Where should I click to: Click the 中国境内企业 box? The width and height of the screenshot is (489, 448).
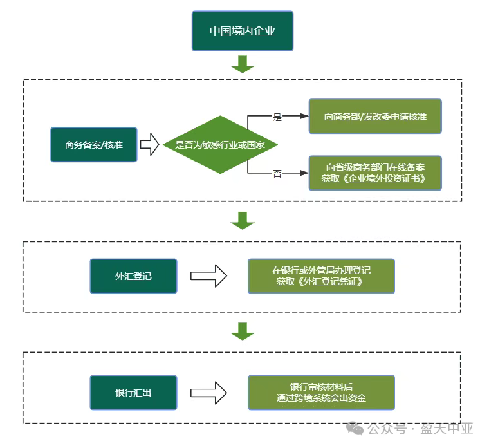pyautogui.click(x=243, y=31)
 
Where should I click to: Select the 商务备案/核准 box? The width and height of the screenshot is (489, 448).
pyautogui.click(x=94, y=144)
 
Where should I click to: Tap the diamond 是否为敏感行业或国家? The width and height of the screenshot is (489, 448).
pyautogui.click(x=220, y=145)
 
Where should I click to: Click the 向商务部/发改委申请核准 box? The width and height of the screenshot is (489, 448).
pyautogui.click(x=375, y=117)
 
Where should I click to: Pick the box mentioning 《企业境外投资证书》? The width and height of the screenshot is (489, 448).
pyautogui.click(x=375, y=173)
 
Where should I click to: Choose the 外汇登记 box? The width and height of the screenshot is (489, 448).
pyautogui.click(x=133, y=276)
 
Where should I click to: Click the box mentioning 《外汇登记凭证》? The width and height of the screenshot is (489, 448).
pyautogui.click(x=322, y=276)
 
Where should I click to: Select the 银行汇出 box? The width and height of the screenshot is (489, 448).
pyautogui.click(x=133, y=392)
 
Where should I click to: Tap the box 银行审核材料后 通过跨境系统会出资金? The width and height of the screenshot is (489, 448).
pyautogui.click(x=322, y=392)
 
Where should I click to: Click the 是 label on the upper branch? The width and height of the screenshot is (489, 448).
pyautogui.click(x=277, y=117)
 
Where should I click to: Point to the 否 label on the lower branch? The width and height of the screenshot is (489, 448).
pyautogui.click(x=277, y=174)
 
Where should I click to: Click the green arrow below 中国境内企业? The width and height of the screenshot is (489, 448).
pyautogui.click(x=243, y=64)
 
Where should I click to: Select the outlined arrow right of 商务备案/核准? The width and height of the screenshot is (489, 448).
pyautogui.click(x=149, y=144)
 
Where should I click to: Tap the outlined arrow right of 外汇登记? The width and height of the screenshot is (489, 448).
pyautogui.click(x=208, y=276)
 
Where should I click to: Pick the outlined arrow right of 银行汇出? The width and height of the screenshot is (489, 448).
pyautogui.click(x=208, y=392)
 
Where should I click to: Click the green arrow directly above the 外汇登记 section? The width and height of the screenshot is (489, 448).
pyautogui.click(x=243, y=220)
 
